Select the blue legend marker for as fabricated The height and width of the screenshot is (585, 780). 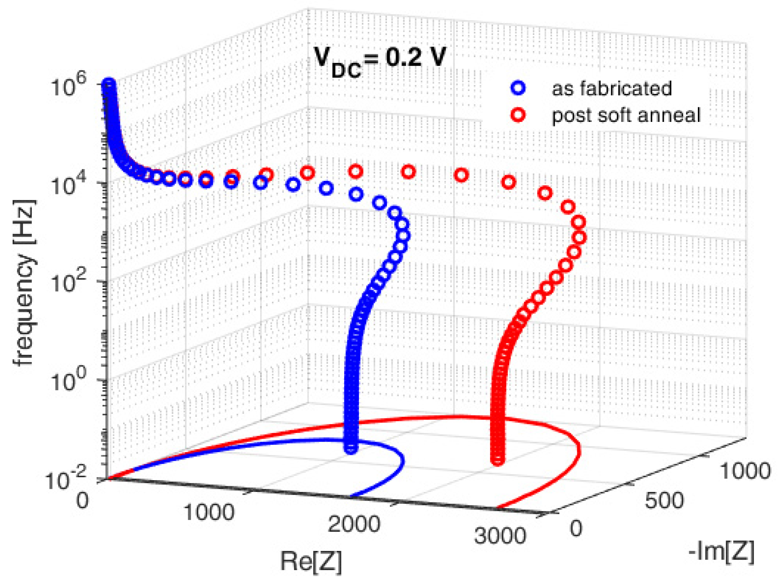pyautogui.click(x=518, y=88)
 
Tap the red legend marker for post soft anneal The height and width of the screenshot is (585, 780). pyautogui.click(x=518, y=115)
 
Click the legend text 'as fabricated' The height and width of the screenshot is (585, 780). pyautogui.click(x=611, y=88)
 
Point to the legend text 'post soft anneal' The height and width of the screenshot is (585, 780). pyautogui.click(x=626, y=115)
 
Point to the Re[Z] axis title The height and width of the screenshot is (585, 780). pyautogui.click(x=311, y=561)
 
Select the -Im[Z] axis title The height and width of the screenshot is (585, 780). pyautogui.click(x=721, y=551)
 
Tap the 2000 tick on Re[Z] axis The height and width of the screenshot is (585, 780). pyautogui.click(x=354, y=523)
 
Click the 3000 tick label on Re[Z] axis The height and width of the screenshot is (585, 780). pyautogui.click(x=500, y=535)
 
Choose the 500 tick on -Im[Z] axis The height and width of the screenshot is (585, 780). pyautogui.click(x=664, y=500)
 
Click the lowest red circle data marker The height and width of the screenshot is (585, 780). pyautogui.click(x=497, y=460)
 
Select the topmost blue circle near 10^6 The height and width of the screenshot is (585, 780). pyautogui.click(x=108, y=84)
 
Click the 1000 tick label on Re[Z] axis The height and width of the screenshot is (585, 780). pyautogui.click(x=209, y=512)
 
